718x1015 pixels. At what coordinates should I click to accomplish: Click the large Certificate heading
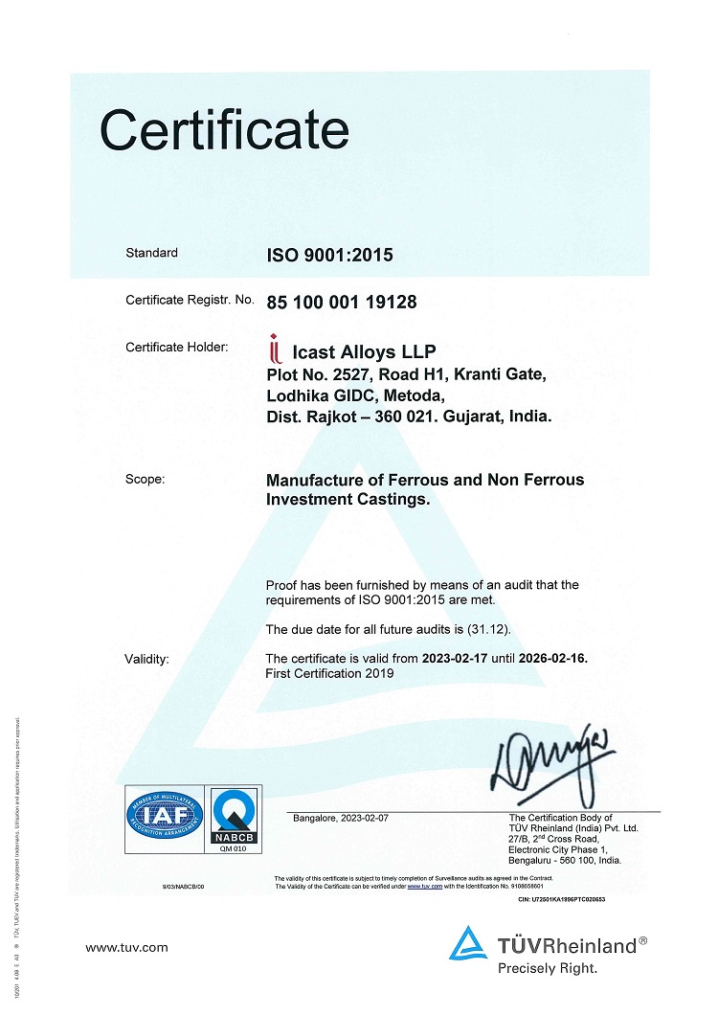pos(224,129)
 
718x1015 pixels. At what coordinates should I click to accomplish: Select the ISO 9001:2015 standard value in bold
pos(329,255)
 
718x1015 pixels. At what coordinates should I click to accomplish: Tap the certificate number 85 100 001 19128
pos(341,302)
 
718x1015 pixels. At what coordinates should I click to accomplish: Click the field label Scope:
pos(145,480)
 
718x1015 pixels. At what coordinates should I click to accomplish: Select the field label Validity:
pos(146,659)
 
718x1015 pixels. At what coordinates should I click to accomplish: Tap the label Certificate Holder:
pos(177,347)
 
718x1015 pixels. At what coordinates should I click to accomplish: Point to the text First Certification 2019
pos(329,673)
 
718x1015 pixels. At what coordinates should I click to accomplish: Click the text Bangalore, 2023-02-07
pos(340,817)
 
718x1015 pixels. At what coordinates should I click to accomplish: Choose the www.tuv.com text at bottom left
pos(126,948)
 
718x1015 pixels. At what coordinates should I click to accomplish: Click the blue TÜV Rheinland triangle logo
pos(469,943)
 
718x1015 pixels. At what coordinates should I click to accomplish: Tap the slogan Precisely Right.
pos(547,968)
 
